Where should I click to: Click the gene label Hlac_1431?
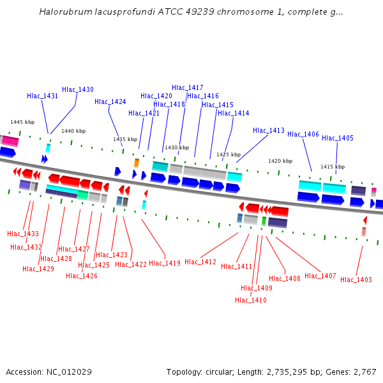[x=42, y=96]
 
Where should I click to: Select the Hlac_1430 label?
[x=78, y=89]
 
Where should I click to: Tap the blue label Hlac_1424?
[x=110, y=101]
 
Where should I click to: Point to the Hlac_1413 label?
[x=269, y=130]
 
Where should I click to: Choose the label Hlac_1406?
[x=303, y=134]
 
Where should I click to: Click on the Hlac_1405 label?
[x=338, y=138]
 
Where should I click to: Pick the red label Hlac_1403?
[x=356, y=280]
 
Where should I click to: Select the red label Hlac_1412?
[x=200, y=262]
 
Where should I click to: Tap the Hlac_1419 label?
[x=165, y=262]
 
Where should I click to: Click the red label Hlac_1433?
[x=23, y=234]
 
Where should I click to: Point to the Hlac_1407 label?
[x=320, y=276]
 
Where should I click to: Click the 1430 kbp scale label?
[x=177, y=147]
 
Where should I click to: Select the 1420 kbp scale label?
[x=280, y=161]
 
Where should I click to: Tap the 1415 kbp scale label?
[x=333, y=167]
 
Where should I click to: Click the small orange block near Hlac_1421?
[x=137, y=163]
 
